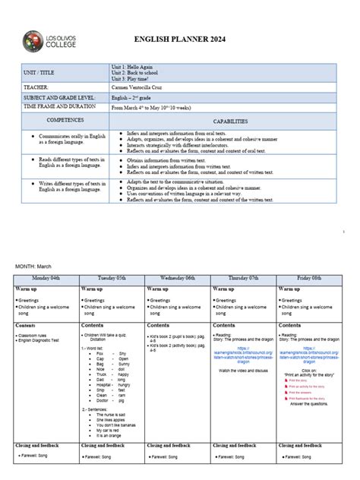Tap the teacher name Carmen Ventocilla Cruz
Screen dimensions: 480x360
(x=144, y=87)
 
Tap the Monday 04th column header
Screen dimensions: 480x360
(x=47, y=279)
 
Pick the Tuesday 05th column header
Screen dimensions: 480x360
(x=112, y=279)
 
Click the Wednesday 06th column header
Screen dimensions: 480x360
(x=178, y=279)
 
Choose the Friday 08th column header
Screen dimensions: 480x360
(x=309, y=279)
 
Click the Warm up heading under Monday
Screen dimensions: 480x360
(x=27, y=289)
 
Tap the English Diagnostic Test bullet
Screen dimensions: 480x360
(x=44, y=339)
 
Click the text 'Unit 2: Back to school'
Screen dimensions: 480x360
(x=137, y=72)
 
